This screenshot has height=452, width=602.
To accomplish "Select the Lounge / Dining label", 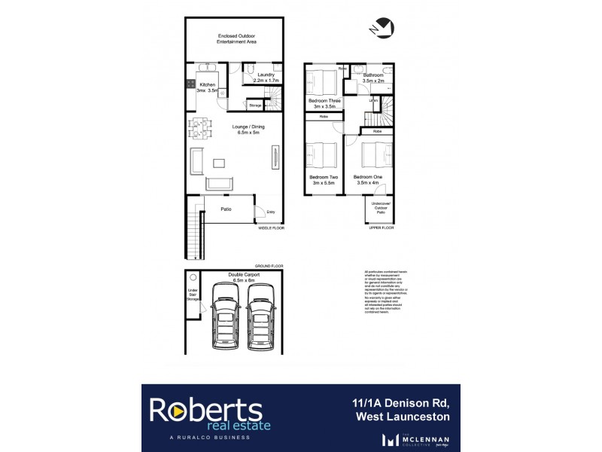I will pos(236,129).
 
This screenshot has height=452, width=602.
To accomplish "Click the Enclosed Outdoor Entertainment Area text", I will pos(236,38).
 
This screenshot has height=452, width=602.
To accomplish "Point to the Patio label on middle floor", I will pos(225,209).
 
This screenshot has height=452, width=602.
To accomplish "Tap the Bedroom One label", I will pos(368,179).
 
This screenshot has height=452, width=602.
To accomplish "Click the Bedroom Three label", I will pos(324,103).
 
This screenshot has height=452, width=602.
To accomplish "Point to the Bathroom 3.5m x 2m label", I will pos(374,78).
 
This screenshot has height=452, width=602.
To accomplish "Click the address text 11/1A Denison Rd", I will pos(402,402).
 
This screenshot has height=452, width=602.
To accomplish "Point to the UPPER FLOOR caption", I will pos(382,227).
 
